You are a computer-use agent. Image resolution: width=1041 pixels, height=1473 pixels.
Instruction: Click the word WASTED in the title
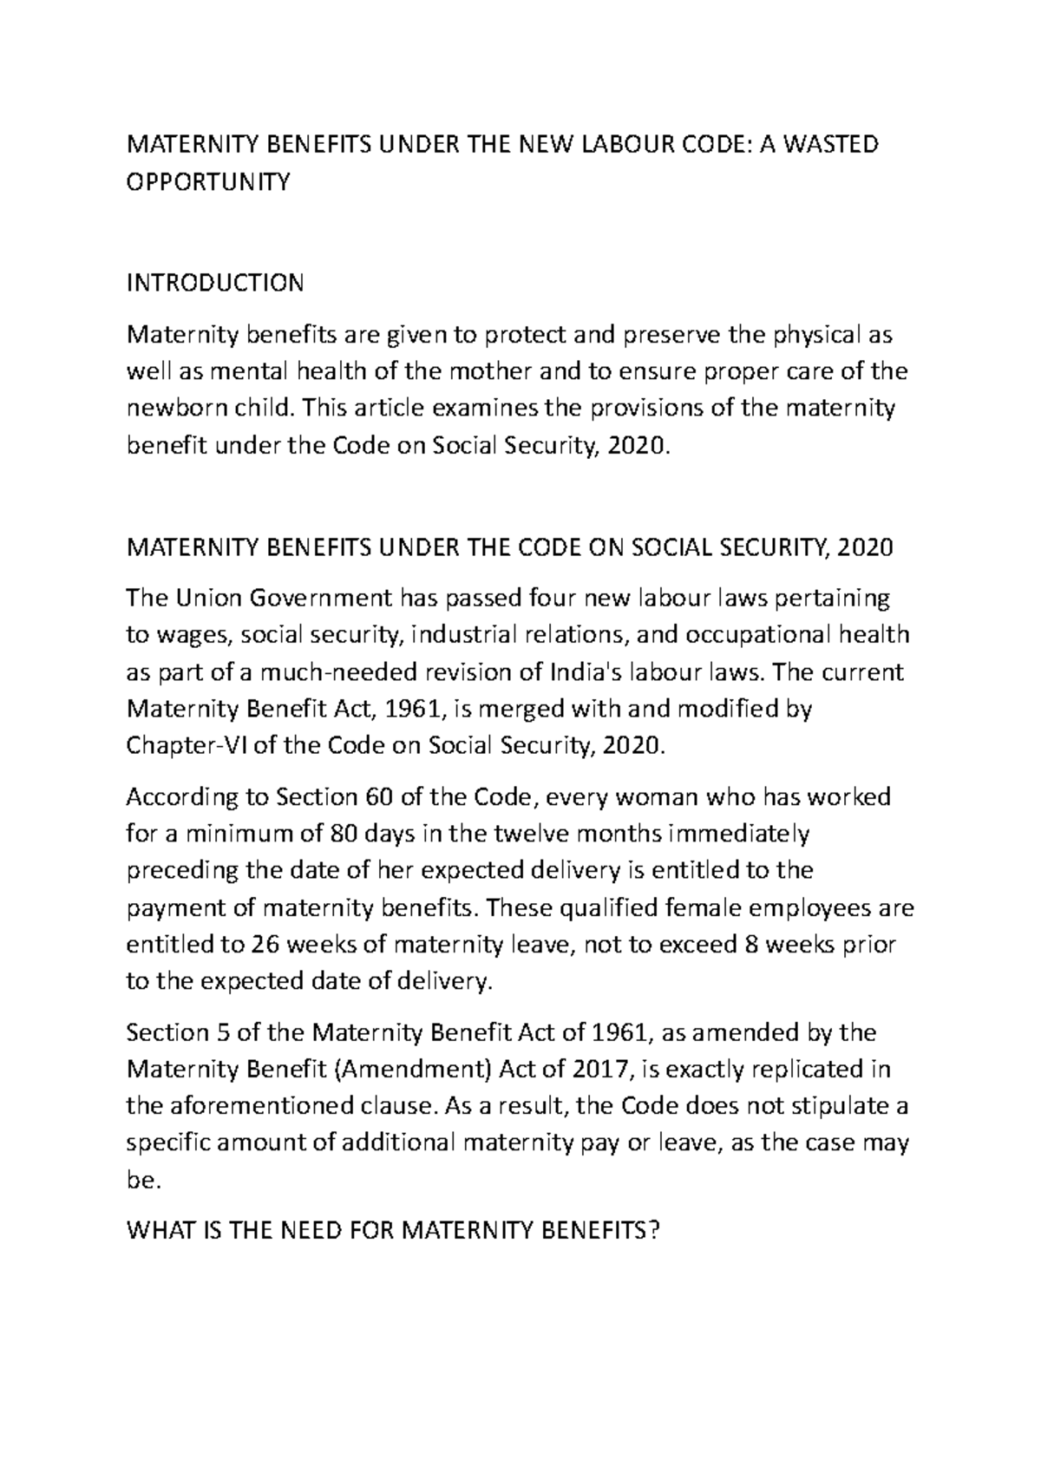(831, 144)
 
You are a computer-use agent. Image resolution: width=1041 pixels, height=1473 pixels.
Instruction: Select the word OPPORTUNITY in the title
(207, 182)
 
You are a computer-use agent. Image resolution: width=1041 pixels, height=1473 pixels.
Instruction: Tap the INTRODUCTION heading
(215, 283)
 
